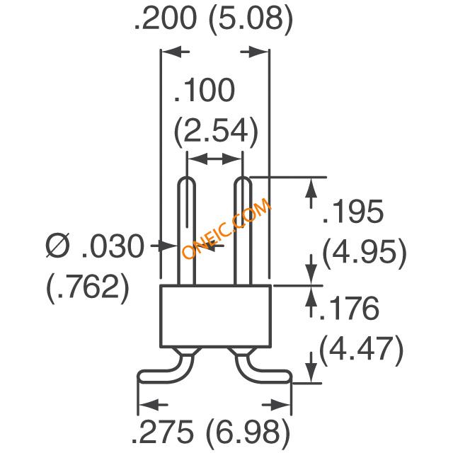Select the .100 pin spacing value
point(205,90)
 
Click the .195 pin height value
point(353,211)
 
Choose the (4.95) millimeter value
point(365,253)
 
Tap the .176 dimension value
point(349,308)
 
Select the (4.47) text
point(361,350)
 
